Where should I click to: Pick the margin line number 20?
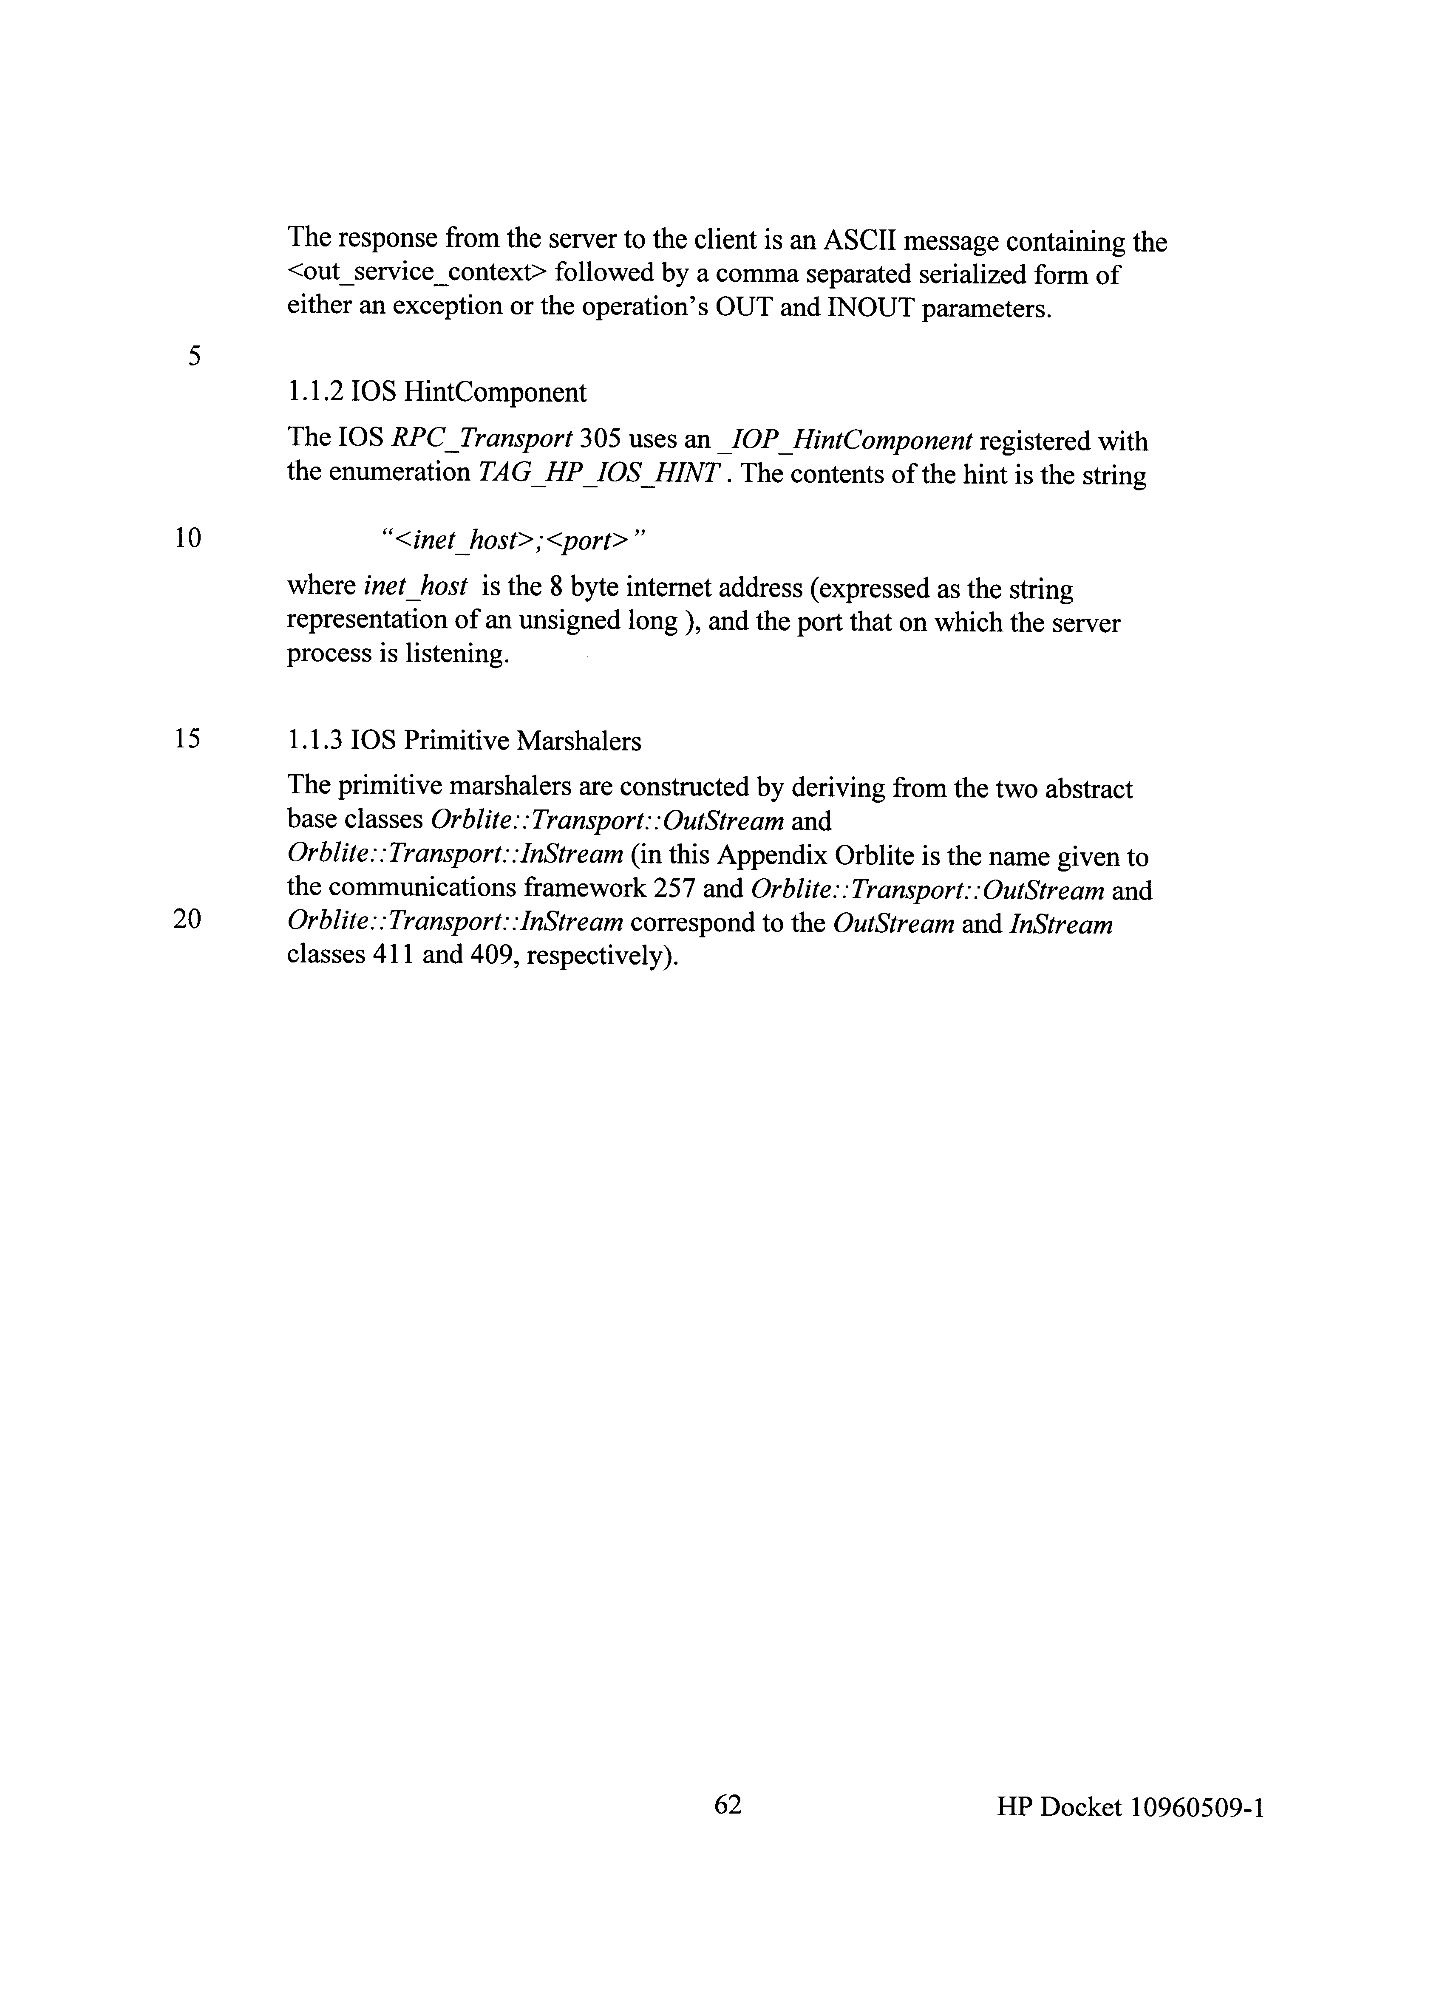pyautogui.click(x=187, y=919)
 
